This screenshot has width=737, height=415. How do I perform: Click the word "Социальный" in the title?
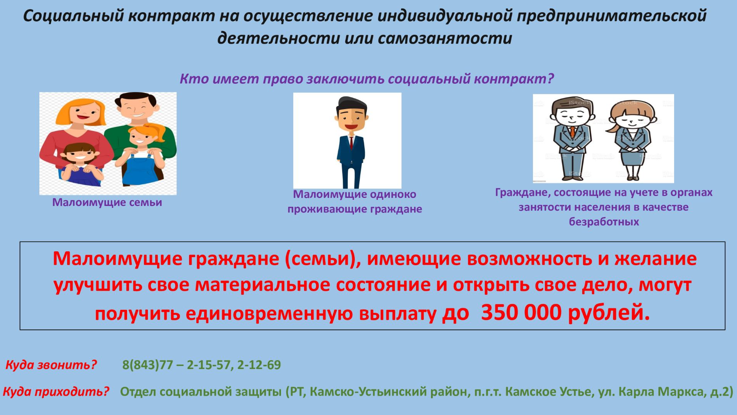[x=74, y=16]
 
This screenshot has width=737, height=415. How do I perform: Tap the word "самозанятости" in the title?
[x=445, y=38]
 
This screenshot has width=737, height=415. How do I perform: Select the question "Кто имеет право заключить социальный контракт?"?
[x=367, y=79]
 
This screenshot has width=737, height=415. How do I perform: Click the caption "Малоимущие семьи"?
[x=107, y=202]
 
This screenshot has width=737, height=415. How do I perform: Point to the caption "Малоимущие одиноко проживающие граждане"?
[x=355, y=202]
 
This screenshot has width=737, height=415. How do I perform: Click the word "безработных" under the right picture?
[x=604, y=222]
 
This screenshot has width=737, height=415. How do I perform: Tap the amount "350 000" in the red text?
[x=521, y=313]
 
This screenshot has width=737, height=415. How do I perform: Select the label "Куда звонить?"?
[x=51, y=364]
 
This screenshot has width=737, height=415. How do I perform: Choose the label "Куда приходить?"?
[x=56, y=392]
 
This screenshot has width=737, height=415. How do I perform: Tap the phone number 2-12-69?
[x=259, y=365]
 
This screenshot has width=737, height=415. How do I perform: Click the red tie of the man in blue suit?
[x=352, y=142]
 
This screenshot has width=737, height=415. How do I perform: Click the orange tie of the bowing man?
[x=573, y=132]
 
